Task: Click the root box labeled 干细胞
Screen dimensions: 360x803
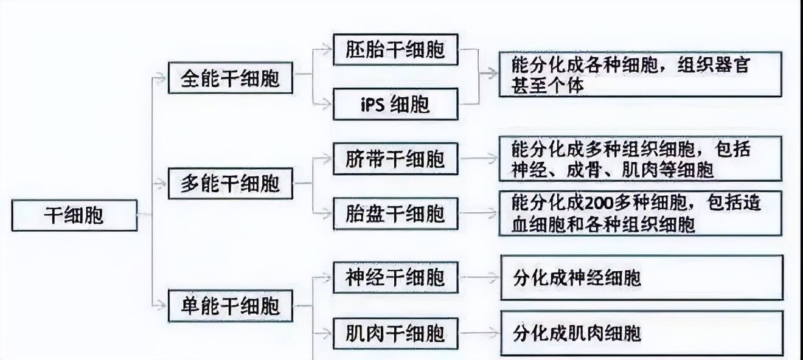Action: (x=74, y=215)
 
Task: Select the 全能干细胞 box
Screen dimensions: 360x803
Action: (x=230, y=78)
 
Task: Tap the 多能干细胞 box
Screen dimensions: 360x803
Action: (x=230, y=183)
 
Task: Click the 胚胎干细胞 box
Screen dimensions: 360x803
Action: (x=395, y=49)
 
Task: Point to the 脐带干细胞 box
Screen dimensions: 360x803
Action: (x=395, y=159)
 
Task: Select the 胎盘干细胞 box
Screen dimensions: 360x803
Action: (x=395, y=213)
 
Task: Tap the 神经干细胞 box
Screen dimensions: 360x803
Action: (x=395, y=278)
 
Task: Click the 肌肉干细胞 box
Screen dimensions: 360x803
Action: (x=395, y=333)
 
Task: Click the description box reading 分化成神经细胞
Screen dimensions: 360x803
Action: (x=641, y=278)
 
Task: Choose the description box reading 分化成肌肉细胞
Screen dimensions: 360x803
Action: (x=641, y=333)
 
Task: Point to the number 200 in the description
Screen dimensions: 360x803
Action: (x=598, y=202)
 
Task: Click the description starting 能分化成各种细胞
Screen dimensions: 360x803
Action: (x=640, y=74)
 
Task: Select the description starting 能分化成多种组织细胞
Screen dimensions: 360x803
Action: (x=640, y=159)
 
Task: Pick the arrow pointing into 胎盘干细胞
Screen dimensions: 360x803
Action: (x=323, y=213)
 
